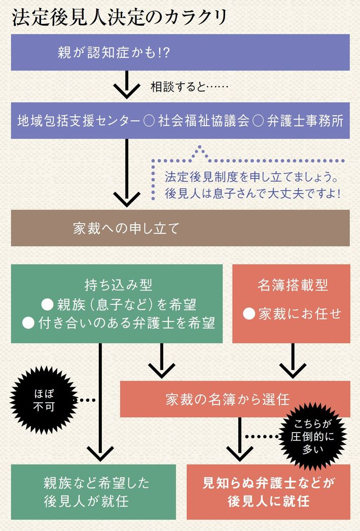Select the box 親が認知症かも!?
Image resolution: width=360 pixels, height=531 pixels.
180,52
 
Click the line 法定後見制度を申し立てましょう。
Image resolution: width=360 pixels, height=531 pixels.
251,178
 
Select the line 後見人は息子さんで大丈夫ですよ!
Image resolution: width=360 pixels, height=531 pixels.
251,194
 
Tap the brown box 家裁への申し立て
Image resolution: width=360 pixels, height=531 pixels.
180,228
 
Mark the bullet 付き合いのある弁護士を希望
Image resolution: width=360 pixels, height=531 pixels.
119,323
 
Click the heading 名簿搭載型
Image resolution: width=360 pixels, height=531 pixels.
292,285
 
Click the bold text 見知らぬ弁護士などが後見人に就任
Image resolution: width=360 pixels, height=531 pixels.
268,492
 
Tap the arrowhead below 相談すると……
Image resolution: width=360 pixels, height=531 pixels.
126,92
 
